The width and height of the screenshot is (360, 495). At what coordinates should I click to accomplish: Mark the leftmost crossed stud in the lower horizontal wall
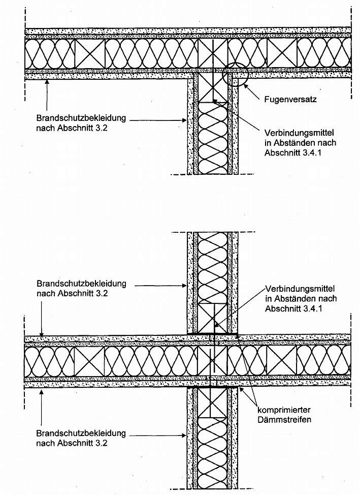click(90, 361)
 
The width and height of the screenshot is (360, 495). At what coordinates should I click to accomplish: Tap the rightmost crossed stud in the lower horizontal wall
click(282, 361)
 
